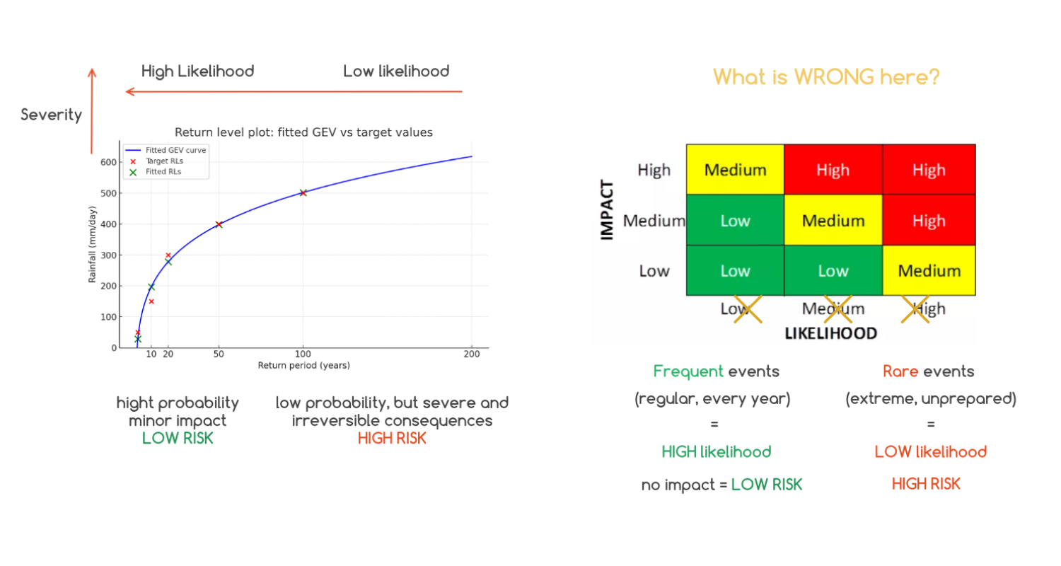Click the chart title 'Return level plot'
303,132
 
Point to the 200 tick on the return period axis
471,354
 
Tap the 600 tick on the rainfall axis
108,162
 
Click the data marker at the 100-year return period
303,192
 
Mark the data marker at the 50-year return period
219,224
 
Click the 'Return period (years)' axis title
303,366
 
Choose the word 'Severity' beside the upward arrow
51,115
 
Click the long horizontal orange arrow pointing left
294,91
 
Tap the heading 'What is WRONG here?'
826,76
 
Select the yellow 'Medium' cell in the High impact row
735,170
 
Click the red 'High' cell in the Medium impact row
929,221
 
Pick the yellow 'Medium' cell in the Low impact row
929,270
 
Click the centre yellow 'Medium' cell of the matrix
833,221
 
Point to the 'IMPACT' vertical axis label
607,210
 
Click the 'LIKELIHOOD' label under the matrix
831,333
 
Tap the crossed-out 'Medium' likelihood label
833,309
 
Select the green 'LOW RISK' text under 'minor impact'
178,439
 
